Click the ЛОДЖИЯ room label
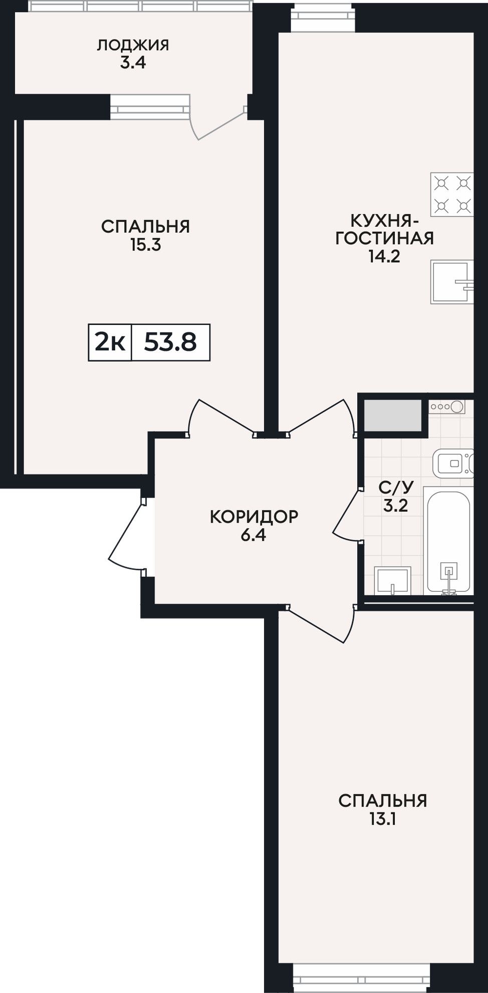133,46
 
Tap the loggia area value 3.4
133,64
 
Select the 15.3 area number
145,245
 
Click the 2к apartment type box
110,343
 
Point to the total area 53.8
170,343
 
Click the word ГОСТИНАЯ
384,238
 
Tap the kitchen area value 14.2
384,256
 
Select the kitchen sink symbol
452,282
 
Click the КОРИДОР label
254,516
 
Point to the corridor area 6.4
254,535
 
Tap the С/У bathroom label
396,487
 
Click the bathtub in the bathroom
448,540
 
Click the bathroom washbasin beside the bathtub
392,581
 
